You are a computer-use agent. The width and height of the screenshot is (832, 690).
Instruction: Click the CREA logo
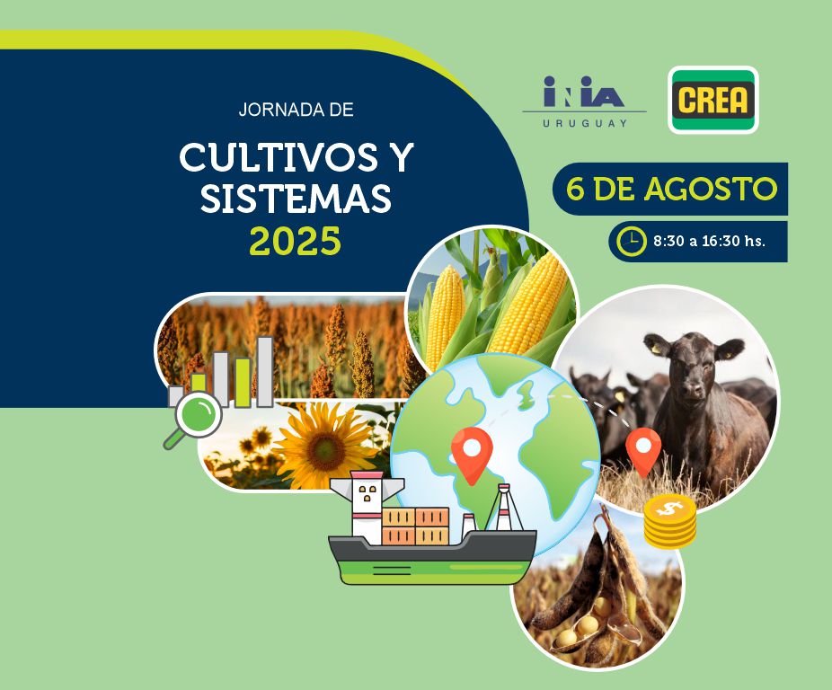pos(713,100)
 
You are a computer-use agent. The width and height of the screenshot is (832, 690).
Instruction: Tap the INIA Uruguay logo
pos(584,101)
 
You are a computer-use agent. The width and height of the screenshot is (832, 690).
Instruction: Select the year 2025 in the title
pos(295,242)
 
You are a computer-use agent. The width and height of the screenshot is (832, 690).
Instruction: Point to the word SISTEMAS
pos(296,199)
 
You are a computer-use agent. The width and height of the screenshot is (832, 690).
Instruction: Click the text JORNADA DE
pos(297,110)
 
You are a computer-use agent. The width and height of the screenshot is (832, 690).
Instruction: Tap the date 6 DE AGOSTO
pos(671,189)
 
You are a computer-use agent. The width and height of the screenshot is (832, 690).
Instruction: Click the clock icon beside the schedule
pos(632,241)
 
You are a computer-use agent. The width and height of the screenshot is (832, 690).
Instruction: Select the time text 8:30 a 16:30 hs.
pos(710,241)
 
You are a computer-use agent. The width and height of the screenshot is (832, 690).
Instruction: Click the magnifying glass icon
pos(194,417)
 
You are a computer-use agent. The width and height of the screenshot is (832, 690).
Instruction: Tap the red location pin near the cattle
pos(643,451)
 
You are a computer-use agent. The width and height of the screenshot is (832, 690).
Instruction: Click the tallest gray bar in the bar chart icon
pos(265,372)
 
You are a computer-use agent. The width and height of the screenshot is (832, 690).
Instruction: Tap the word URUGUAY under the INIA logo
pos(584,123)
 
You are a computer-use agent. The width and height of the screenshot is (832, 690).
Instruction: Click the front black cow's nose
pos(692,390)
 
